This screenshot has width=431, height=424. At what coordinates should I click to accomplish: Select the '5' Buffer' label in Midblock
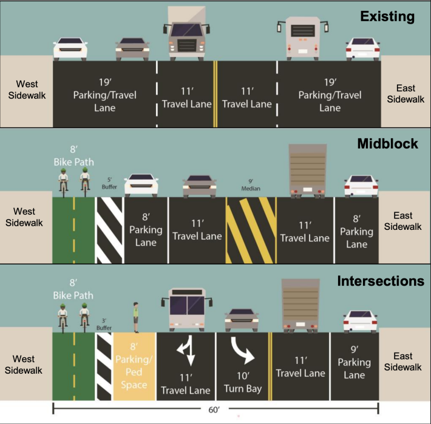pyautogui.click(x=109, y=183)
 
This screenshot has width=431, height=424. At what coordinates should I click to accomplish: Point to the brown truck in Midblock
pyautogui.click(x=308, y=170)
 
